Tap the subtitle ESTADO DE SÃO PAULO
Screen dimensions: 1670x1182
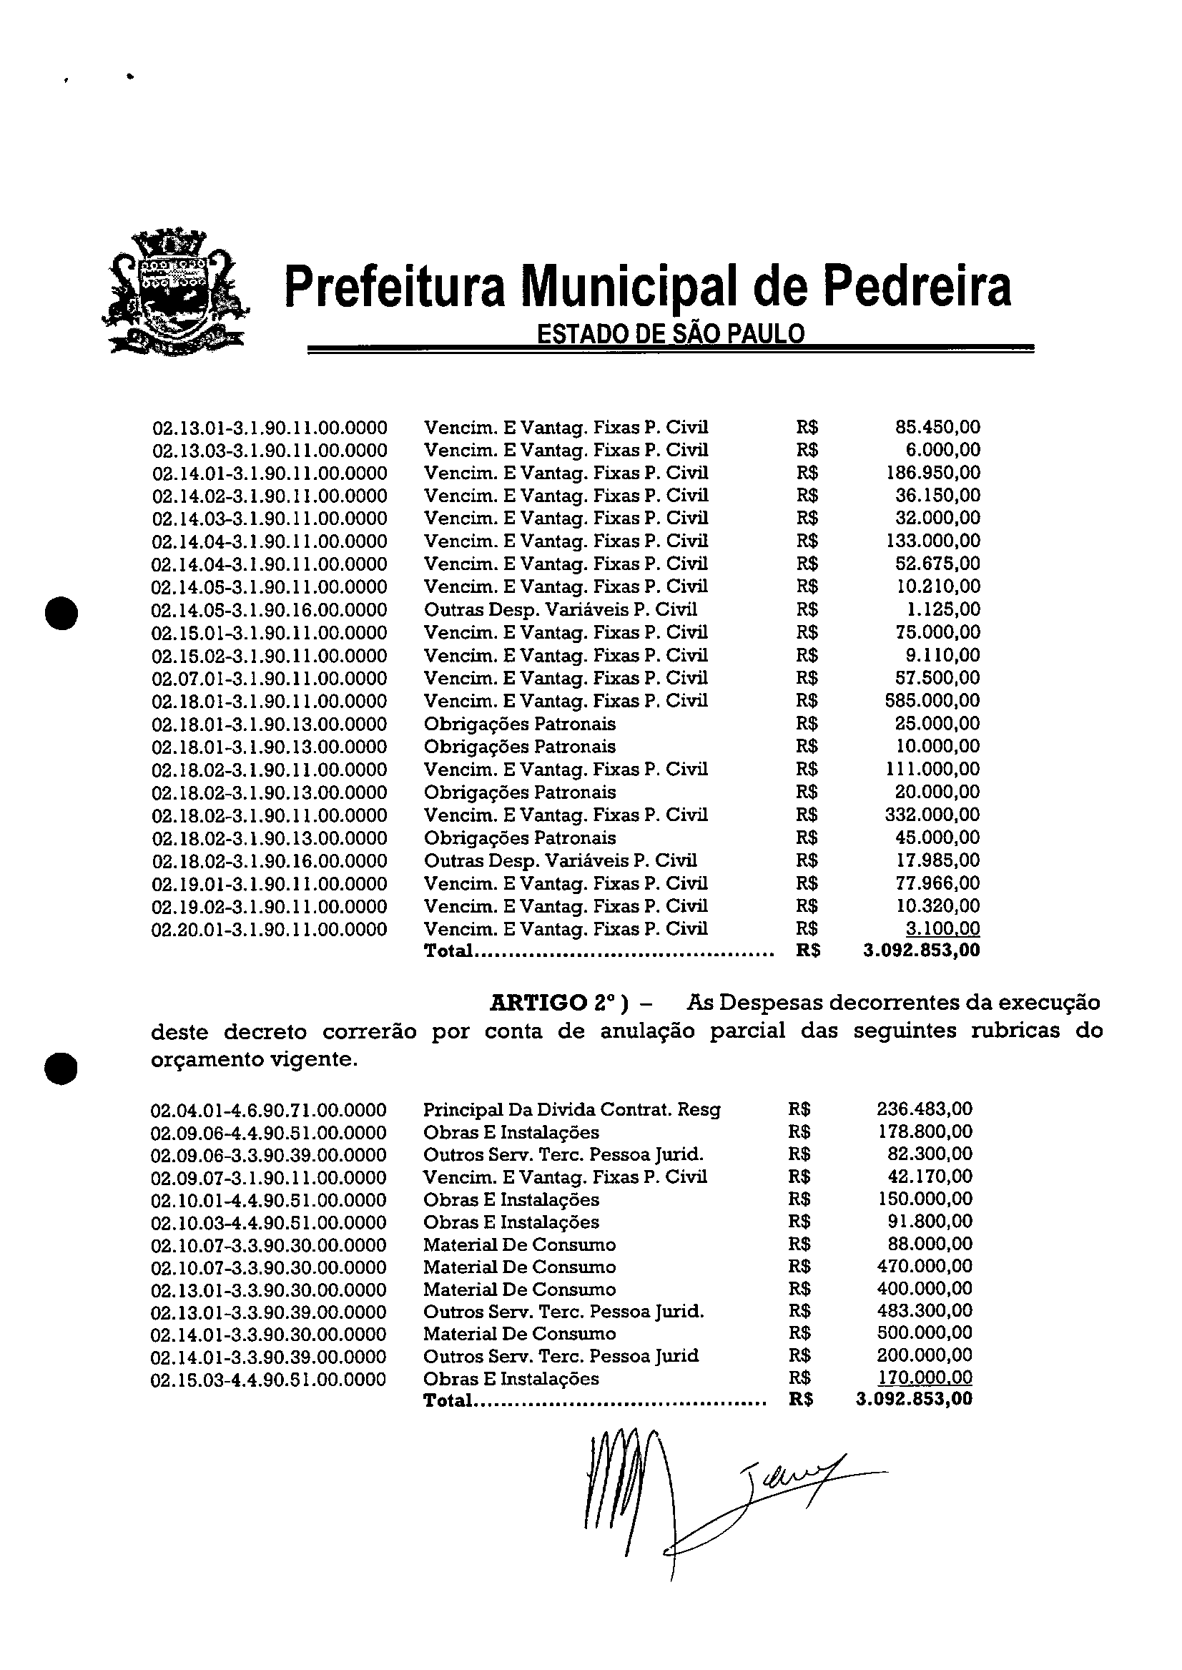pos(670,333)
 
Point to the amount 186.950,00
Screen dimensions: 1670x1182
pos(933,473)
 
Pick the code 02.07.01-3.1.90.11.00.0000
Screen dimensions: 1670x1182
pos(270,679)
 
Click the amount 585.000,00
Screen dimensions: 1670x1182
pos(933,700)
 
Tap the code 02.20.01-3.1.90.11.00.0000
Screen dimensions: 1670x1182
pos(270,930)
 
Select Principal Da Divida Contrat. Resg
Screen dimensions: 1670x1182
pos(571,1109)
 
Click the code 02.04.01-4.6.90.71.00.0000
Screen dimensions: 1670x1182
pos(269,1110)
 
